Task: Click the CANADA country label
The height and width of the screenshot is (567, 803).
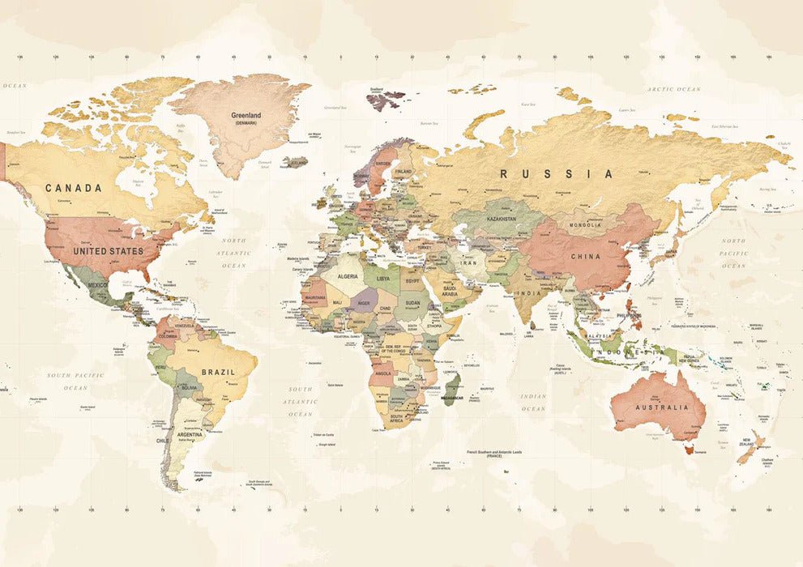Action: click(74, 188)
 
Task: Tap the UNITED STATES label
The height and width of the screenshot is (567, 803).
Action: click(108, 251)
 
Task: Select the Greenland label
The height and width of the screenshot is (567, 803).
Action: click(246, 116)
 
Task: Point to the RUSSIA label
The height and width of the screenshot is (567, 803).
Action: click(556, 174)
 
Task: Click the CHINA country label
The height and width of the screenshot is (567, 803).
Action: click(585, 257)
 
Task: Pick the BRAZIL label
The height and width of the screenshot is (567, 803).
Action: click(218, 373)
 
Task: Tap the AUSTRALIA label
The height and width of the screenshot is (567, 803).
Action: click(662, 407)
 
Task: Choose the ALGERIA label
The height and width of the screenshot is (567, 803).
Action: click(347, 276)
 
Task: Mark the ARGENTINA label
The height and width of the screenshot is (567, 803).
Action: click(190, 435)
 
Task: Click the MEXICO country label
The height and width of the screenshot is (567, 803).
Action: click(97, 285)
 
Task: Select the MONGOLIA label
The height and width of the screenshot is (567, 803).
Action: click(585, 224)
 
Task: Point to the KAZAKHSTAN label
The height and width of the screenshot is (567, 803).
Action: click(501, 219)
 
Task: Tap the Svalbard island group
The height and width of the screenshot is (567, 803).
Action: click(383, 100)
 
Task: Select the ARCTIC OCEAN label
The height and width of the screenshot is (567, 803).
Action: click(673, 89)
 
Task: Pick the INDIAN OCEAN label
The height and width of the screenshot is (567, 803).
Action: click(532, 403)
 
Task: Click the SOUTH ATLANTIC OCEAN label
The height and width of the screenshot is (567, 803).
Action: click(300, 401)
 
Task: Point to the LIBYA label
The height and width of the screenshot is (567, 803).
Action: click(382, 279)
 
